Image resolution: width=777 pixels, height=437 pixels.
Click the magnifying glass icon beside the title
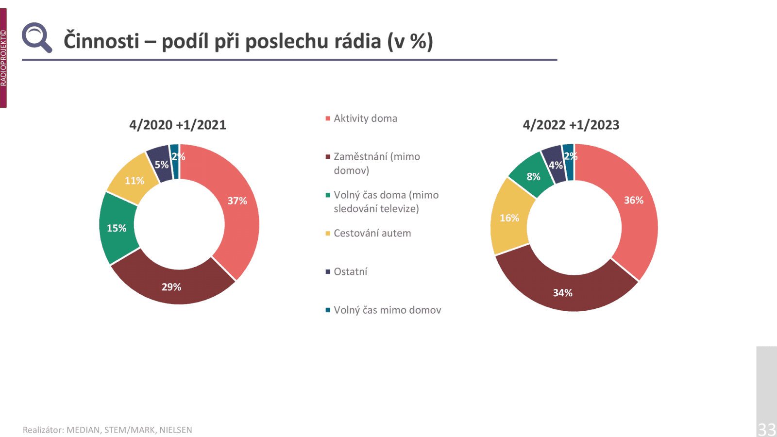click(x=36, y=37)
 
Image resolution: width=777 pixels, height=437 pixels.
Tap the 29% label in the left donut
click(x=171, y=287)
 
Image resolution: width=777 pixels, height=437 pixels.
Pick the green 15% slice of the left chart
click(x=117, y=228)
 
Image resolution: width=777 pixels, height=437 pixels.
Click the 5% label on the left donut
click(x=161, y=165)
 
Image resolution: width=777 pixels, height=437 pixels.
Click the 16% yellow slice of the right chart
click(x=509, y=218)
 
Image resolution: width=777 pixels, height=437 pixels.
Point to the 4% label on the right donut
click(x=555, y=165)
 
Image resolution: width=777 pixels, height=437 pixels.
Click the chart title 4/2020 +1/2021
click(x=178, y=125)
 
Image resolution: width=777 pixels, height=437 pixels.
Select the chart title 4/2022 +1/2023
click(x=571, y=125)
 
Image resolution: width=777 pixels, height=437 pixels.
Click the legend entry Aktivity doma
click(x=365, y=118)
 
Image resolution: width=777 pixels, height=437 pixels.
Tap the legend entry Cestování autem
click(x=372, y=233)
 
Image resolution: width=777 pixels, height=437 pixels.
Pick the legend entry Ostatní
click(x=350, y=271)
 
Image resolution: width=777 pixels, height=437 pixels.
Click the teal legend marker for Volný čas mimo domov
click(x=328, y=310)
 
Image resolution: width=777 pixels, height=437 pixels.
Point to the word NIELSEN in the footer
click(x=176, y=430)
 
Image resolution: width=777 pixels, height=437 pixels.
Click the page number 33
click(x=767, y=429)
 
